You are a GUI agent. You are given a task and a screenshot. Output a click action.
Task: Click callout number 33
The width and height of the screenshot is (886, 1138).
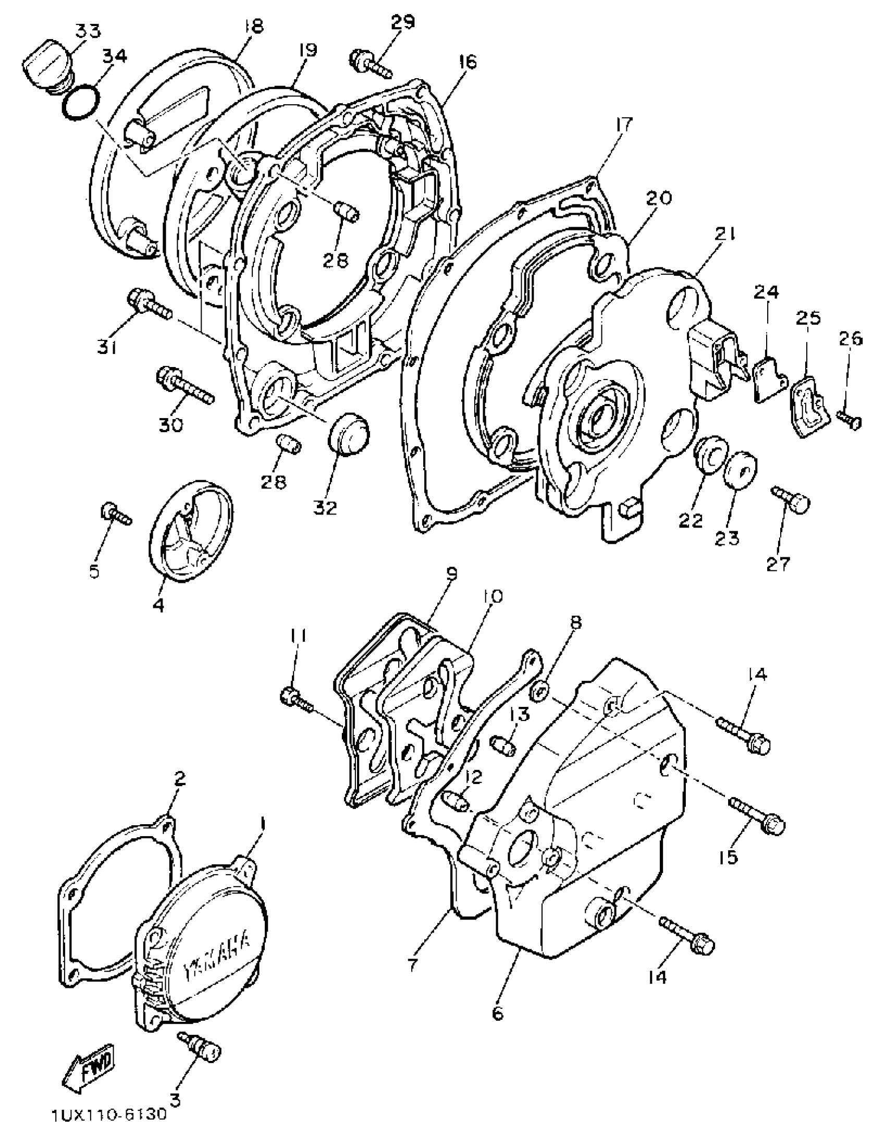click(87, 31)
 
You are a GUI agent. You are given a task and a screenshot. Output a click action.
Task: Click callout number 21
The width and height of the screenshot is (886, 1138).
click(725, 236)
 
